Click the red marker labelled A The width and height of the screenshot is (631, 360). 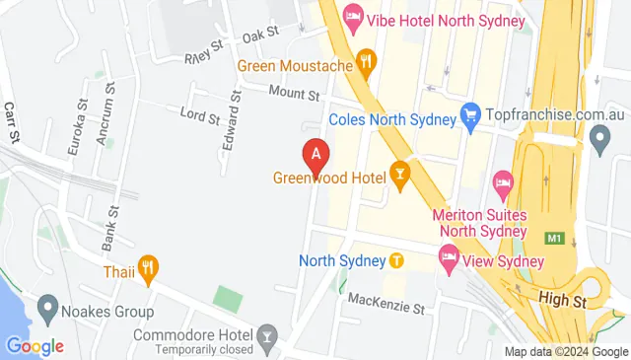[315, 155]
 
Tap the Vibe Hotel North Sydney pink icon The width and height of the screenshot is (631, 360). [352, 17]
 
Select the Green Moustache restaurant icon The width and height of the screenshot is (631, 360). [367, 61]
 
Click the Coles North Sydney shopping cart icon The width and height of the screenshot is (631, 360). [470, 115]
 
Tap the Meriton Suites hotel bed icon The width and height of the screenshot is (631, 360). [504, 182]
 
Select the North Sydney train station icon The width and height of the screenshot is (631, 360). [395, 261]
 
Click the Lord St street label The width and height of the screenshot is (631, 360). [200, 115]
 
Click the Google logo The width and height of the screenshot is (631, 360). [35, 346]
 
